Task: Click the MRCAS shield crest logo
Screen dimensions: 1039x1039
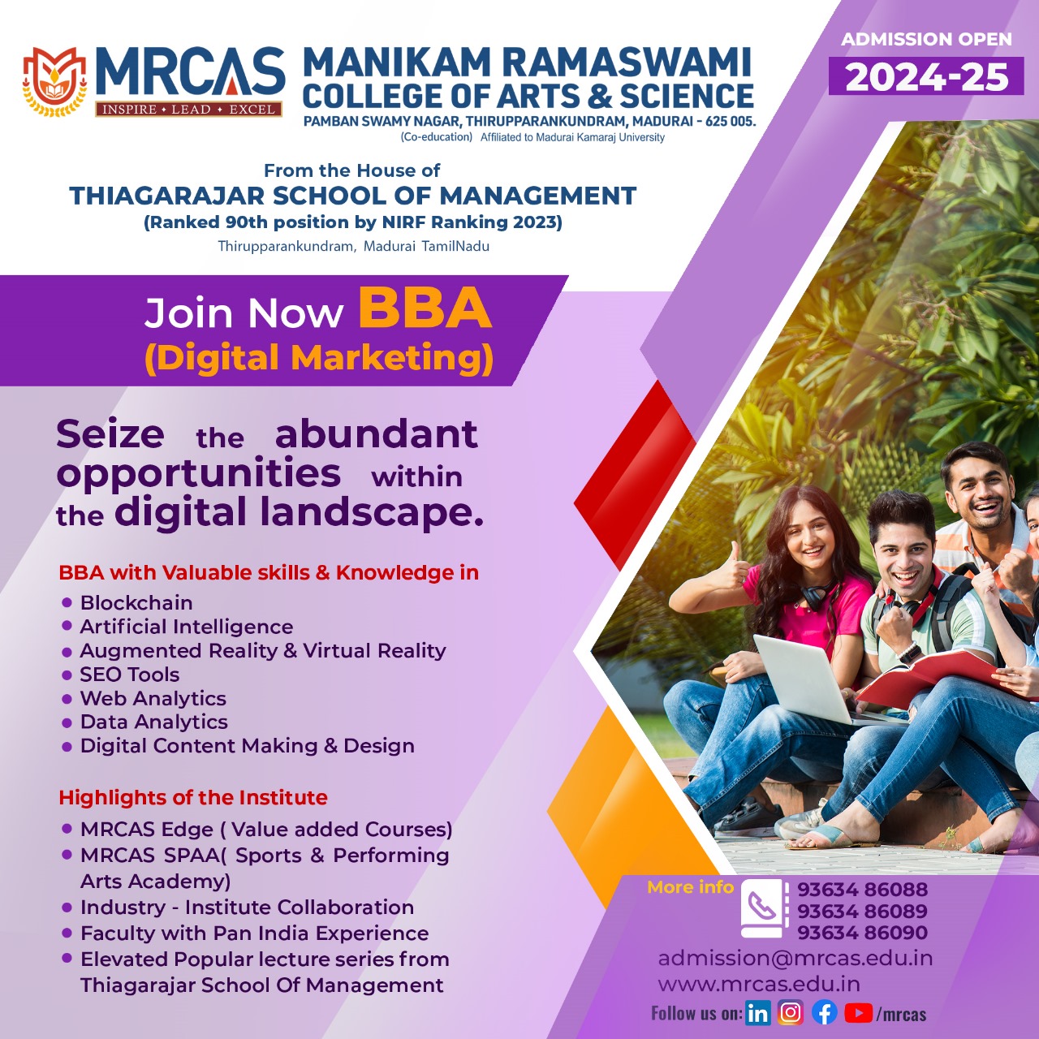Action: [54, 81]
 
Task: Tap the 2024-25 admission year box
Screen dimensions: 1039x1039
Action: [926, 76]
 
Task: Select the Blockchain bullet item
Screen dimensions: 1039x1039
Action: [136, 603]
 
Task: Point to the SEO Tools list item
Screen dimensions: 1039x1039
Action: [129, 675]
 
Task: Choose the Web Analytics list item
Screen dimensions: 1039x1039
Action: [153, 698]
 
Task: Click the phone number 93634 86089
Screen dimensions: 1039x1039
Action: [862, 911]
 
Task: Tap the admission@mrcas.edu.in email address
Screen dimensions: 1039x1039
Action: [795, 958]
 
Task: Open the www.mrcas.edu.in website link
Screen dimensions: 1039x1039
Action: [759, 984]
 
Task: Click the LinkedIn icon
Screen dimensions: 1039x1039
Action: [757, 1013]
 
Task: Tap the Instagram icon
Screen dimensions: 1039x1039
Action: [791, 1012]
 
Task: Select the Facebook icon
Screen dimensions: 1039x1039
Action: [825, 1012]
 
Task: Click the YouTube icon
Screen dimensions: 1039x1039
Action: [858, 1012]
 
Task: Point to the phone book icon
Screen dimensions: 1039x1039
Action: [761, 910]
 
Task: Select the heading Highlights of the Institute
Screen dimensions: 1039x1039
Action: [193, 797]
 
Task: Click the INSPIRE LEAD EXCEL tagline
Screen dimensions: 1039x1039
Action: [188, 110]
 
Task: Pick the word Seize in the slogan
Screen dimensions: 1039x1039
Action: [110, 434]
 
